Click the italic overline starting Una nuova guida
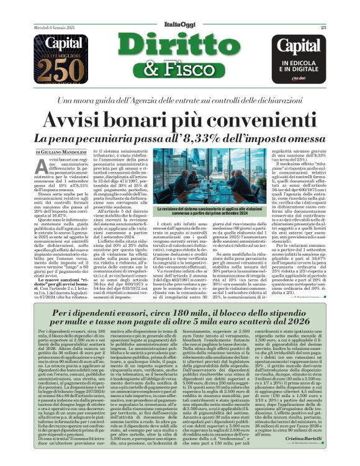(x=180, y=100)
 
